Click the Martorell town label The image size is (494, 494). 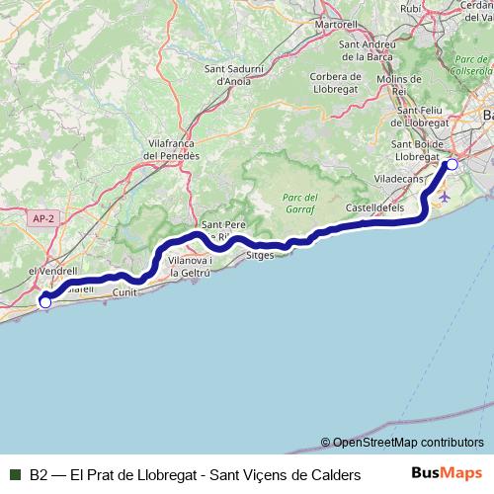pyautogui.click(x=335, y=23)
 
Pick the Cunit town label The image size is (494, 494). pyautogui.click(x=124, y=292)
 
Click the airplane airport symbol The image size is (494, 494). pyautogui.click(x=444, y=196)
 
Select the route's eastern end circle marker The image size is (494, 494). pyautogui.click(x=452, y=164)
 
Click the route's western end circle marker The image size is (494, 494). pyautogui.click(x=44, y=302)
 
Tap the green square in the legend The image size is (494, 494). pyautogui.click(x=16, y=474)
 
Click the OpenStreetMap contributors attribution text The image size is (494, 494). pyautogui.click(x=402, y=442)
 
